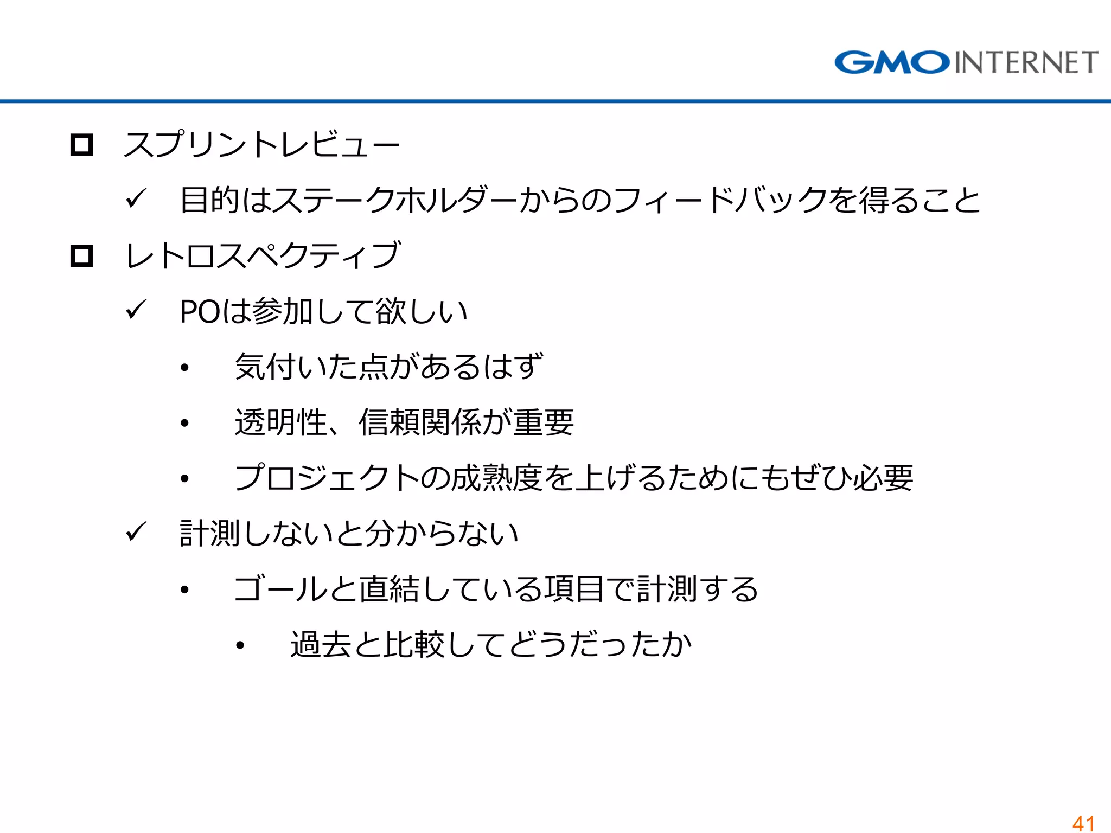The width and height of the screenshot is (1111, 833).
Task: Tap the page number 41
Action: (x=1083, y=823)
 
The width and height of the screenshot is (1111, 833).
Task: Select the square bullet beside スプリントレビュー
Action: (x=82, y=145)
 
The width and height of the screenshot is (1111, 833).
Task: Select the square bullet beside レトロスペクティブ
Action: (x=82, y=255)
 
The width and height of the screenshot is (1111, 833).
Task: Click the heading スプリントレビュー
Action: (x=261, y=145)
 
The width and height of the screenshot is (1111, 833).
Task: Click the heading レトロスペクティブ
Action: (x=263, y=255)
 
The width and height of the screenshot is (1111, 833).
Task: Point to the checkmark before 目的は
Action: (x=136, y=199)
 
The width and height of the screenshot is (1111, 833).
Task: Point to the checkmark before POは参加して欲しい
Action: (x=136, y=311)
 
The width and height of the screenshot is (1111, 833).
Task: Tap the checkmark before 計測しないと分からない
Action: (x=136, y=533)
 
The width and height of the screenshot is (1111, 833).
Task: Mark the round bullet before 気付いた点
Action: (x=185, y=368)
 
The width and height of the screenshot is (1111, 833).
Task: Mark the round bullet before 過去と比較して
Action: (x=240, y=645)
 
